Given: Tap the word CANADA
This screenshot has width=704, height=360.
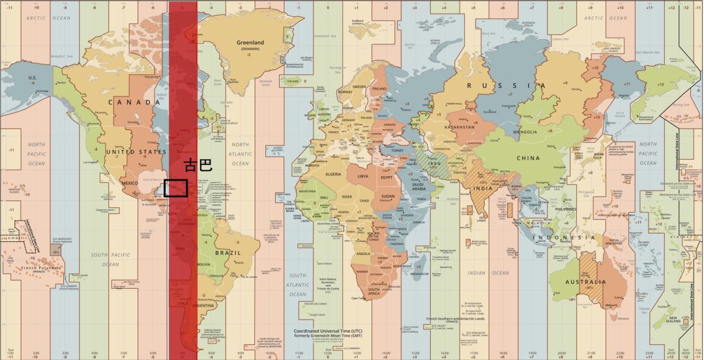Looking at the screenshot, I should pos(134,102).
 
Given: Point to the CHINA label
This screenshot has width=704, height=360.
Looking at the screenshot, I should pos(528,158).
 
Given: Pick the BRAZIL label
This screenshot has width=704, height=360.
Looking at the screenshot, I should pos(229,252).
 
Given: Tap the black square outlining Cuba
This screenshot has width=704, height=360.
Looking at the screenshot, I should pos(175,188).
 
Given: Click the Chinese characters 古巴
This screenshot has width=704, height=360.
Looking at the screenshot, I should pos(198,165).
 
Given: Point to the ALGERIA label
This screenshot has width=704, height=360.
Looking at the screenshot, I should pos(333,174).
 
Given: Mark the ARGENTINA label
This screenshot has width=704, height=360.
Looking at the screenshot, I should pos(204,305).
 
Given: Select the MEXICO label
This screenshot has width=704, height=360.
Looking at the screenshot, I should pos(130,183).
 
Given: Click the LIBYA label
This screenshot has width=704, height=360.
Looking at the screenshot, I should pos(363,176).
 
